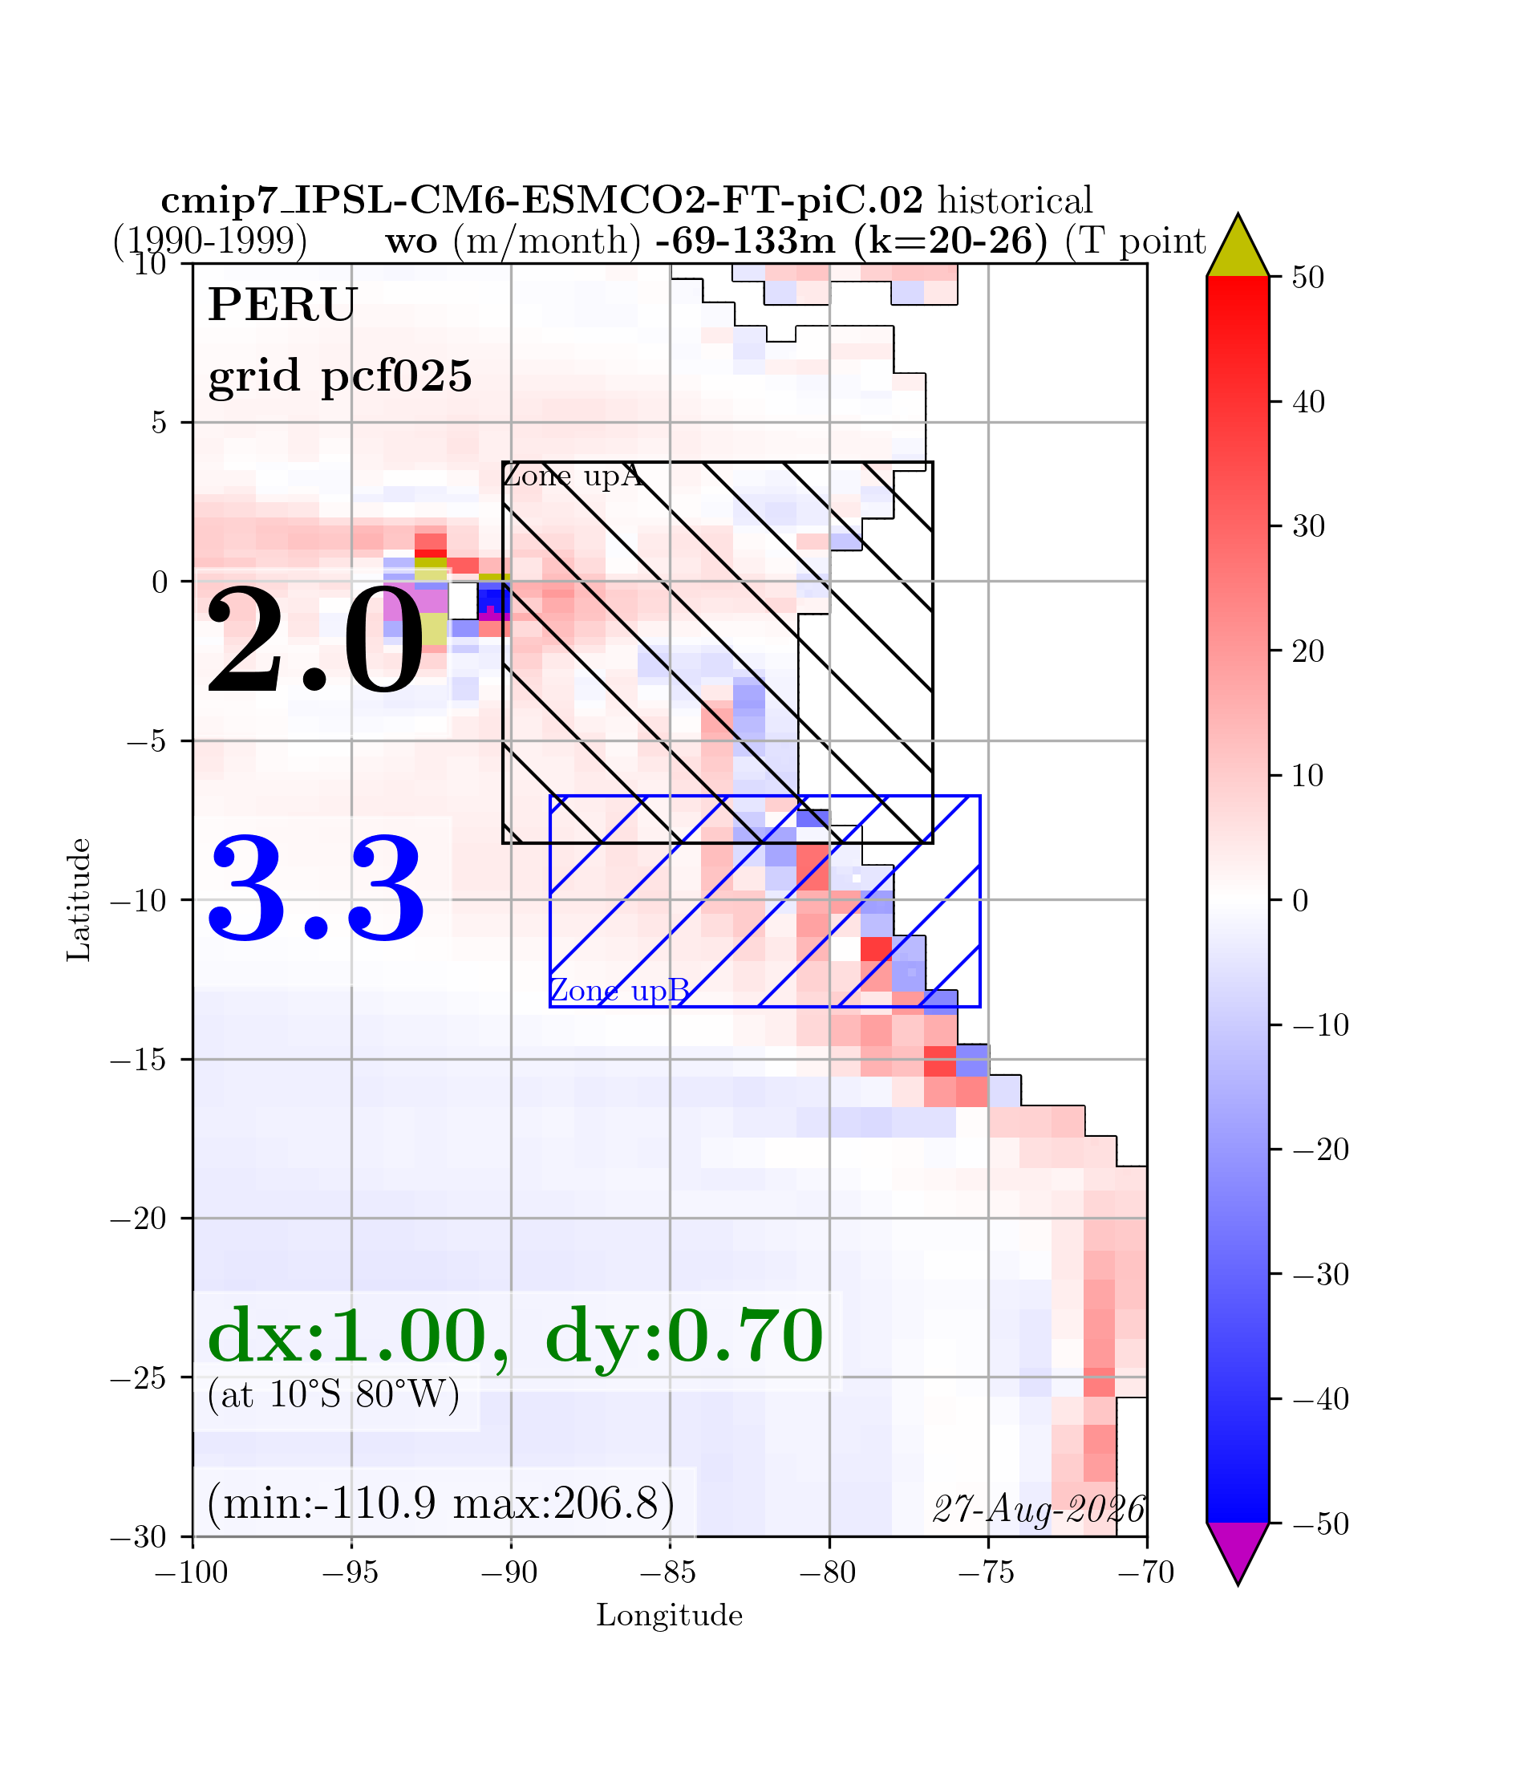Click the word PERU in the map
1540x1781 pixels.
[x=282, y=305]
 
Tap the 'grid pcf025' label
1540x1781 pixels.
[x=340, y=375]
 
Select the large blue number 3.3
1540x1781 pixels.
[x=316, y=890]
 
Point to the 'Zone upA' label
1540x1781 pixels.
[x=573, y=477]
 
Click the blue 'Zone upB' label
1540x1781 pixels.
[x=619, y=991]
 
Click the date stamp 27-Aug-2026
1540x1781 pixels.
[x=1039, y=1509]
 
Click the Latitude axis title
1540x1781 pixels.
[x=79, y=899]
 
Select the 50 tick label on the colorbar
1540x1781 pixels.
[x=1308, y=278]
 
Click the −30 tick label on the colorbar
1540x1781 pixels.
[x=1321, y=1274]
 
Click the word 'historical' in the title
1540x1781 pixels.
[x=1015, y=201]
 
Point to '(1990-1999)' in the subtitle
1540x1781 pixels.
[x=210, y=241]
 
